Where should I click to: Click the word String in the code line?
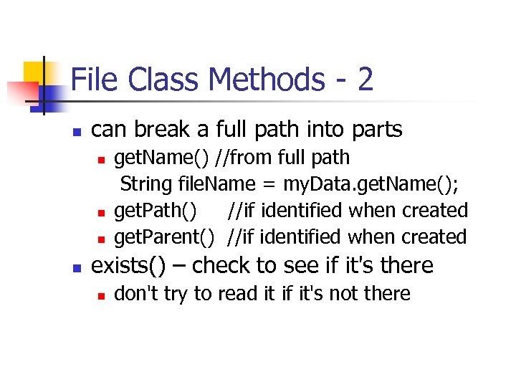pyautogui.click(x=146, y=184)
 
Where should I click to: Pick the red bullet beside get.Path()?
pyautogui.click(x=102, y=213)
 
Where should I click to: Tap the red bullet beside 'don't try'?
pyautogui.click(x=102, y=295)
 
